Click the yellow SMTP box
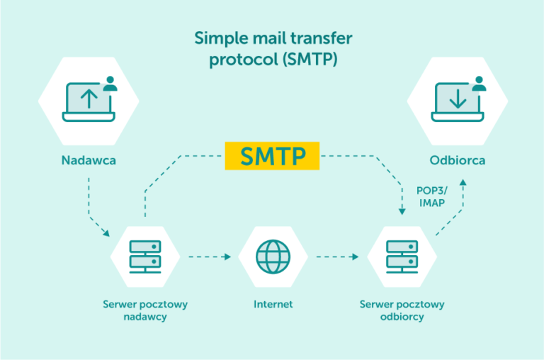click(x=273, y=156)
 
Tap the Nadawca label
click(x=88, y=160)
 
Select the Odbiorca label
click(x=457, y=160)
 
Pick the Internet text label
click(x=273, y=305)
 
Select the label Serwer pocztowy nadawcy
click(x=144, y=310)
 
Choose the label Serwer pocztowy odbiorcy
click(x=402, y=310)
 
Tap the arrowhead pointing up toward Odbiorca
click(x=463, y=183)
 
